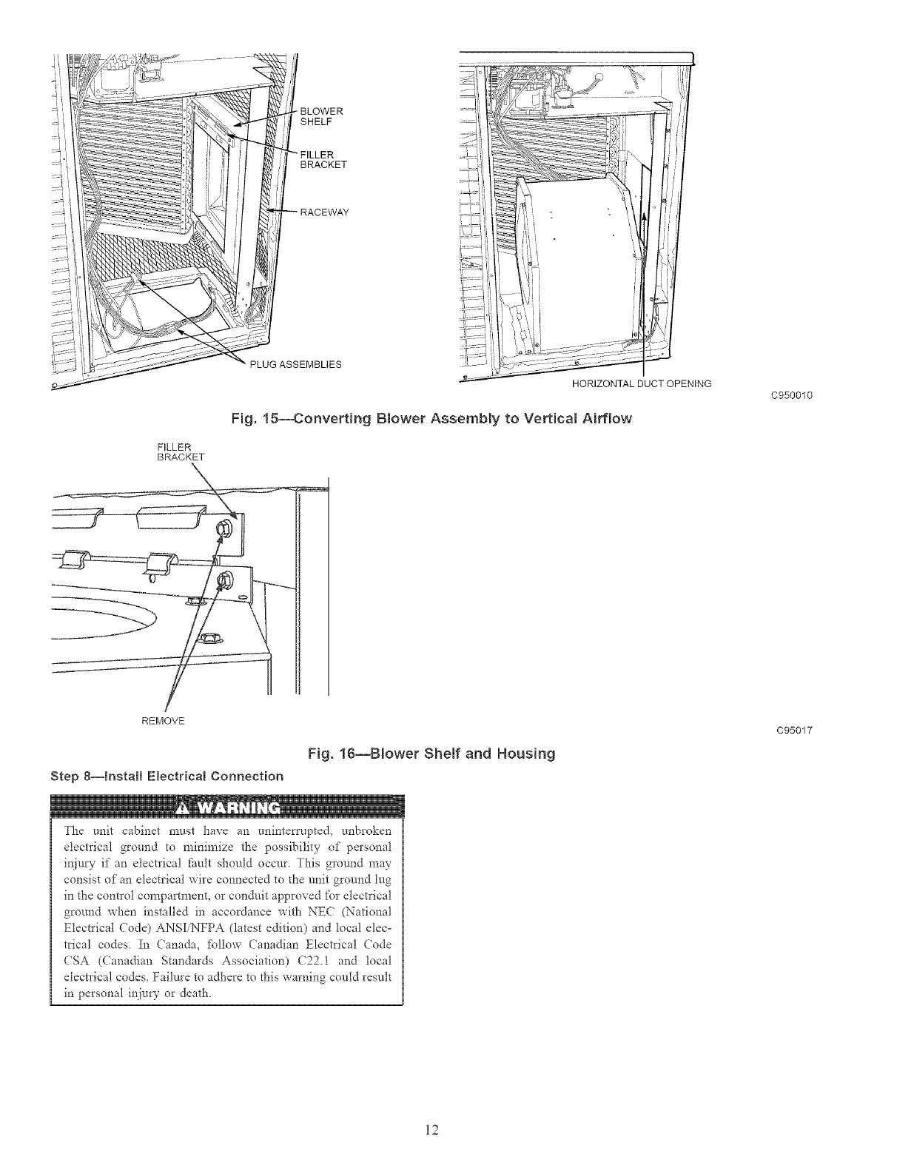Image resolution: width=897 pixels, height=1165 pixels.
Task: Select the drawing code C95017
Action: pyautogui.click(x=794, y=731)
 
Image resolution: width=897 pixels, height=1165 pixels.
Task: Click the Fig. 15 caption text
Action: pyautogui.click(x=431, y=419)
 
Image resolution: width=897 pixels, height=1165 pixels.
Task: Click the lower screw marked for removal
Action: pyautogui.click(x=220, y=583)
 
